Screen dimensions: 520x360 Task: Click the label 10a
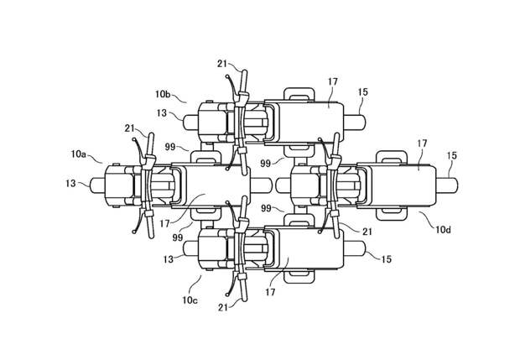[x=78, y=154]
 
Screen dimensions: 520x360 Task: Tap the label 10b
[x=163, y=94]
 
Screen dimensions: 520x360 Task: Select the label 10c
[x=190, y=300]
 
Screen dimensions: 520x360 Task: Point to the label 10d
[x=444, y=229]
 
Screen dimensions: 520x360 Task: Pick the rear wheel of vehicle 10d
[x=447, y=185]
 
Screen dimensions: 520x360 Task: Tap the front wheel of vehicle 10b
[x=190, y=123]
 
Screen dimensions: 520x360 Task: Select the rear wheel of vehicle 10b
[x=355, y=123]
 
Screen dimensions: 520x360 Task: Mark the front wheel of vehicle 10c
[x=190, y=248]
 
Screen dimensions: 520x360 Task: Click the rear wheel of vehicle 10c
[x=355, y=248]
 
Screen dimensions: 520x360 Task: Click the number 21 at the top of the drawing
[x=222, y=64]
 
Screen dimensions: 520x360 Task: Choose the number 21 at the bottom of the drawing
[x=223, y=308]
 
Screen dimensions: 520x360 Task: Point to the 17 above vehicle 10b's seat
[x=333, y=81]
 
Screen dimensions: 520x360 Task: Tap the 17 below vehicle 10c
[x=270, y=292]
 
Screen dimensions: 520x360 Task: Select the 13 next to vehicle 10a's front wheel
[x=70, y=183]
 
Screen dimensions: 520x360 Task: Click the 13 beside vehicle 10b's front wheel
[x=162, y=113]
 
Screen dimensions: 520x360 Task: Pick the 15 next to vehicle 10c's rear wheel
[x=387, y=259]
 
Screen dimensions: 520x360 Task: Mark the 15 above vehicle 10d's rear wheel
[x=452, y=155]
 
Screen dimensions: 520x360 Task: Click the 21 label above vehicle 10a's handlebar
[x=130, y=128]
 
